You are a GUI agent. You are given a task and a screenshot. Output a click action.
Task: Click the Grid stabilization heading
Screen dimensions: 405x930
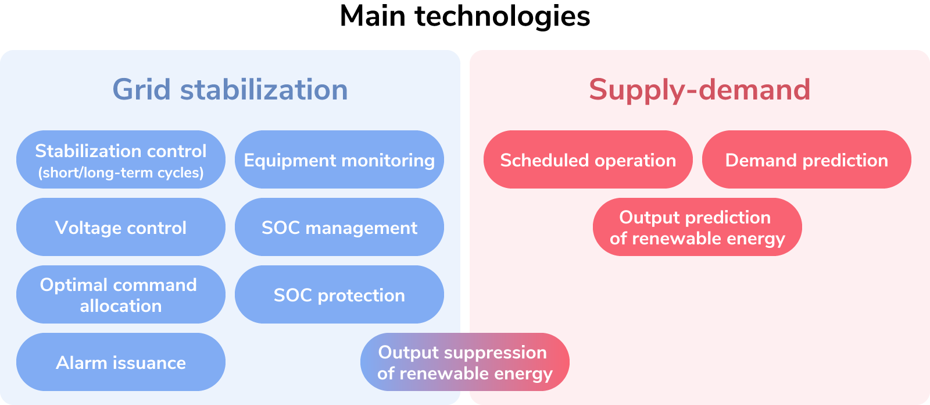[230, 90]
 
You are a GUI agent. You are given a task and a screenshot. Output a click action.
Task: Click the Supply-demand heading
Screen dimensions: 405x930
[699, 90]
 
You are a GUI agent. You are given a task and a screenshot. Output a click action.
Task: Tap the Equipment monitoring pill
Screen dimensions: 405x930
[339, 159]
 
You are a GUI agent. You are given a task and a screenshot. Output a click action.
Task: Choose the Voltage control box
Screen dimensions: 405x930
[120, 227]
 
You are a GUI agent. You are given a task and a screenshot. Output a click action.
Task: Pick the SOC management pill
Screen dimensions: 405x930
[339, 227]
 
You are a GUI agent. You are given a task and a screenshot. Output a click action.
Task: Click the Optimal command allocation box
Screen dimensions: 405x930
[120, 294]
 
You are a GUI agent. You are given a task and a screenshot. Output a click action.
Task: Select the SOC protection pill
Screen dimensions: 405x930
[339, 294]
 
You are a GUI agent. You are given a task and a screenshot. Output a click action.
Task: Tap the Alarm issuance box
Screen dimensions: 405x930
[120, 362]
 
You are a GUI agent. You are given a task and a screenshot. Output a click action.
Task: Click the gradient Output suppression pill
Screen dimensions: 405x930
[464, 362]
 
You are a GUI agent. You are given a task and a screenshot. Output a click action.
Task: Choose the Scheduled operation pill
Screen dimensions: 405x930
[588, 159]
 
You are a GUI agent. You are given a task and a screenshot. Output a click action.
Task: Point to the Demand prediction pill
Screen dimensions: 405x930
[806, 159]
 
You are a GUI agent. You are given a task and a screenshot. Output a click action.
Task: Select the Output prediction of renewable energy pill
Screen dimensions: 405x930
[697, 227]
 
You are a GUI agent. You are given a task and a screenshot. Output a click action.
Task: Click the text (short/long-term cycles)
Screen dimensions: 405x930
[120, 173]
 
